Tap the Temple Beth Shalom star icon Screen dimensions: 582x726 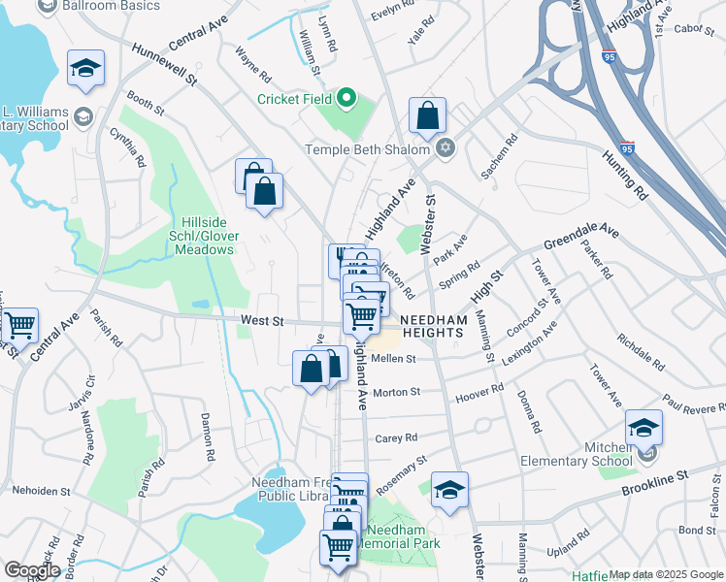[x=445, y=148]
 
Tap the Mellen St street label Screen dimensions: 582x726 [x=393, y=358]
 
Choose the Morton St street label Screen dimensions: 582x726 [x=396, y=392]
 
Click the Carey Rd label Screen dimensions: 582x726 [x=396, y=437]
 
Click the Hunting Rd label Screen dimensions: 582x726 [x=624, y=174]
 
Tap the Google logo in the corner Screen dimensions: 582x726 [x=32, y=571]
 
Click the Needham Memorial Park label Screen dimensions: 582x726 [x=398, y=537]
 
